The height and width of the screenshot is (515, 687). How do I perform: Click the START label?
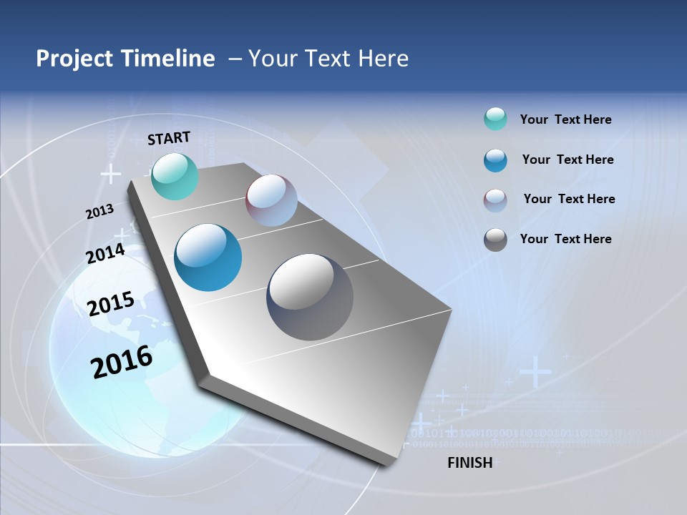[169, 138]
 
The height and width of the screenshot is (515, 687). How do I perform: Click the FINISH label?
[469, 463]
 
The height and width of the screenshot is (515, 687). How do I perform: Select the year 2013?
[99, 212]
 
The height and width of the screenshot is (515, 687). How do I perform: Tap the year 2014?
[105, 254]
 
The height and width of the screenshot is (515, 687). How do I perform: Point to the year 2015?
[110, 304]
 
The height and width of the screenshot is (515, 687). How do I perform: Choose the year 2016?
[122, 362]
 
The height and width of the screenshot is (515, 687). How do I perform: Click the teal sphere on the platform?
[175, 177]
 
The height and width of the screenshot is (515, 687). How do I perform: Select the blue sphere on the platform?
[208, 257]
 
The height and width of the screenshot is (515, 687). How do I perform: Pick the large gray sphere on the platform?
[310, 297]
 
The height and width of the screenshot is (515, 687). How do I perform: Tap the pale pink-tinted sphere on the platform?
[271, 200]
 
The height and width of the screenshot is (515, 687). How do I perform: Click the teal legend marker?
[495, 119]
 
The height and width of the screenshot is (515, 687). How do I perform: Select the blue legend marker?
[495, 160]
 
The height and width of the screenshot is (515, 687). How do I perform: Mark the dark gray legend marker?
[495, 240]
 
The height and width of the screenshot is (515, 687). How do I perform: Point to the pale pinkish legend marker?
[495, 200]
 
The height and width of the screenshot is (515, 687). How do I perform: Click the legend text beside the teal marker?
[565, 119]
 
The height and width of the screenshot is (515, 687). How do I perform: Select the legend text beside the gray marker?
[565, 239]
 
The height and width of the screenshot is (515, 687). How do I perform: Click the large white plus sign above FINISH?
[535, 372]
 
